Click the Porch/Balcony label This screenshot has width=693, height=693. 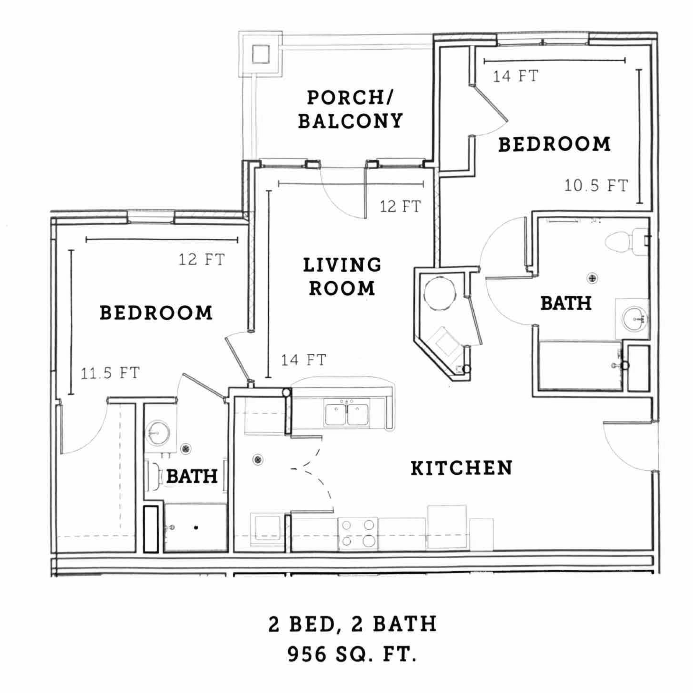(x=350, y=109)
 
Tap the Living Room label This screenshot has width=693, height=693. (x=342, y=277)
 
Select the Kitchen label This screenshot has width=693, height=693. (x=462, y=468)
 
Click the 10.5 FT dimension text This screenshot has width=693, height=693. (x=596, y=185)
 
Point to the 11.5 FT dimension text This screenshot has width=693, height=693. (x=110, y=373)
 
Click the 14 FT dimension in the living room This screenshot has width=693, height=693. (x=304, y=360)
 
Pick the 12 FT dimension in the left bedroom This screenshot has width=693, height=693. (x=201, y=259)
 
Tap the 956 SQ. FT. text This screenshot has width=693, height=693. (x=352, y=654)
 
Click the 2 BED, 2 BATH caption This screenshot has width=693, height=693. (x=352, y=624)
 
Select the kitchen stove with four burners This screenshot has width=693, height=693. (x=358, y=534)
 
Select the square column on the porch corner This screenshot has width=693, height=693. (x=261, y=54)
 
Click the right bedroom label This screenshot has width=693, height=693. (x=555, y=144)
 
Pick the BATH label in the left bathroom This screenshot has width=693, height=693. (x=192, y=476)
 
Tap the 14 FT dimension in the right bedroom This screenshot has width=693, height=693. (x=516, y=76)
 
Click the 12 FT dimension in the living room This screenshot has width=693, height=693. (x=400, y=206)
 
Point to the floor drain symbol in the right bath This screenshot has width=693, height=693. (x=592, y=278)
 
